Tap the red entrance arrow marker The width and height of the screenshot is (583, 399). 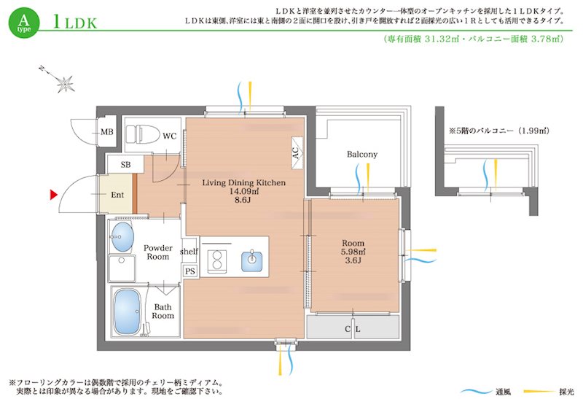[54, 195]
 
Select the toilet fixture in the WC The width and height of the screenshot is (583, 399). [138, 135]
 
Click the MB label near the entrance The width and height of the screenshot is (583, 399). [107, 132]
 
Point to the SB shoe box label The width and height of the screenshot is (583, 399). [125, 165]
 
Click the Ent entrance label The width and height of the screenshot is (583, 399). [117, 195]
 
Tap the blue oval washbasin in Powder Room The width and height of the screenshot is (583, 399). [122, 237]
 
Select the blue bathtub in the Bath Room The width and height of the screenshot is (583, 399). [128, 309]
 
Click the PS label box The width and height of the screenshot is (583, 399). [189, 271]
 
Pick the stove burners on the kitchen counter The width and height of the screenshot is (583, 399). [216, 260]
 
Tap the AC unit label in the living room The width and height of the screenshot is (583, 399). [295, 152]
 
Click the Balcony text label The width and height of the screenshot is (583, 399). [361, 155]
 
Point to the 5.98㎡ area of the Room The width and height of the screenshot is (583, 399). [353, 252]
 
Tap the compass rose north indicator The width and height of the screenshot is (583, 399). [65, 83]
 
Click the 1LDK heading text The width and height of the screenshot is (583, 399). [74, 22]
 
